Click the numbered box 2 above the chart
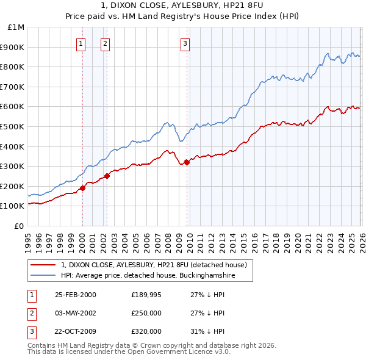click(x=106, y=43)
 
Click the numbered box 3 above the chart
click(x=185, y=43)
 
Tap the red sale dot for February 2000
click(x=82, y=188)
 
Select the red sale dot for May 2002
click(x=106, y=176)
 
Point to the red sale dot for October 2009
click(x=187, y=162)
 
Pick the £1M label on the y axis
click(x=16, y=27)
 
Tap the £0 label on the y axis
click(x=19, y=226)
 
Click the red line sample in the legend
click(x=44, y=265)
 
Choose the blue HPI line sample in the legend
click(x=44, y=276)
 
